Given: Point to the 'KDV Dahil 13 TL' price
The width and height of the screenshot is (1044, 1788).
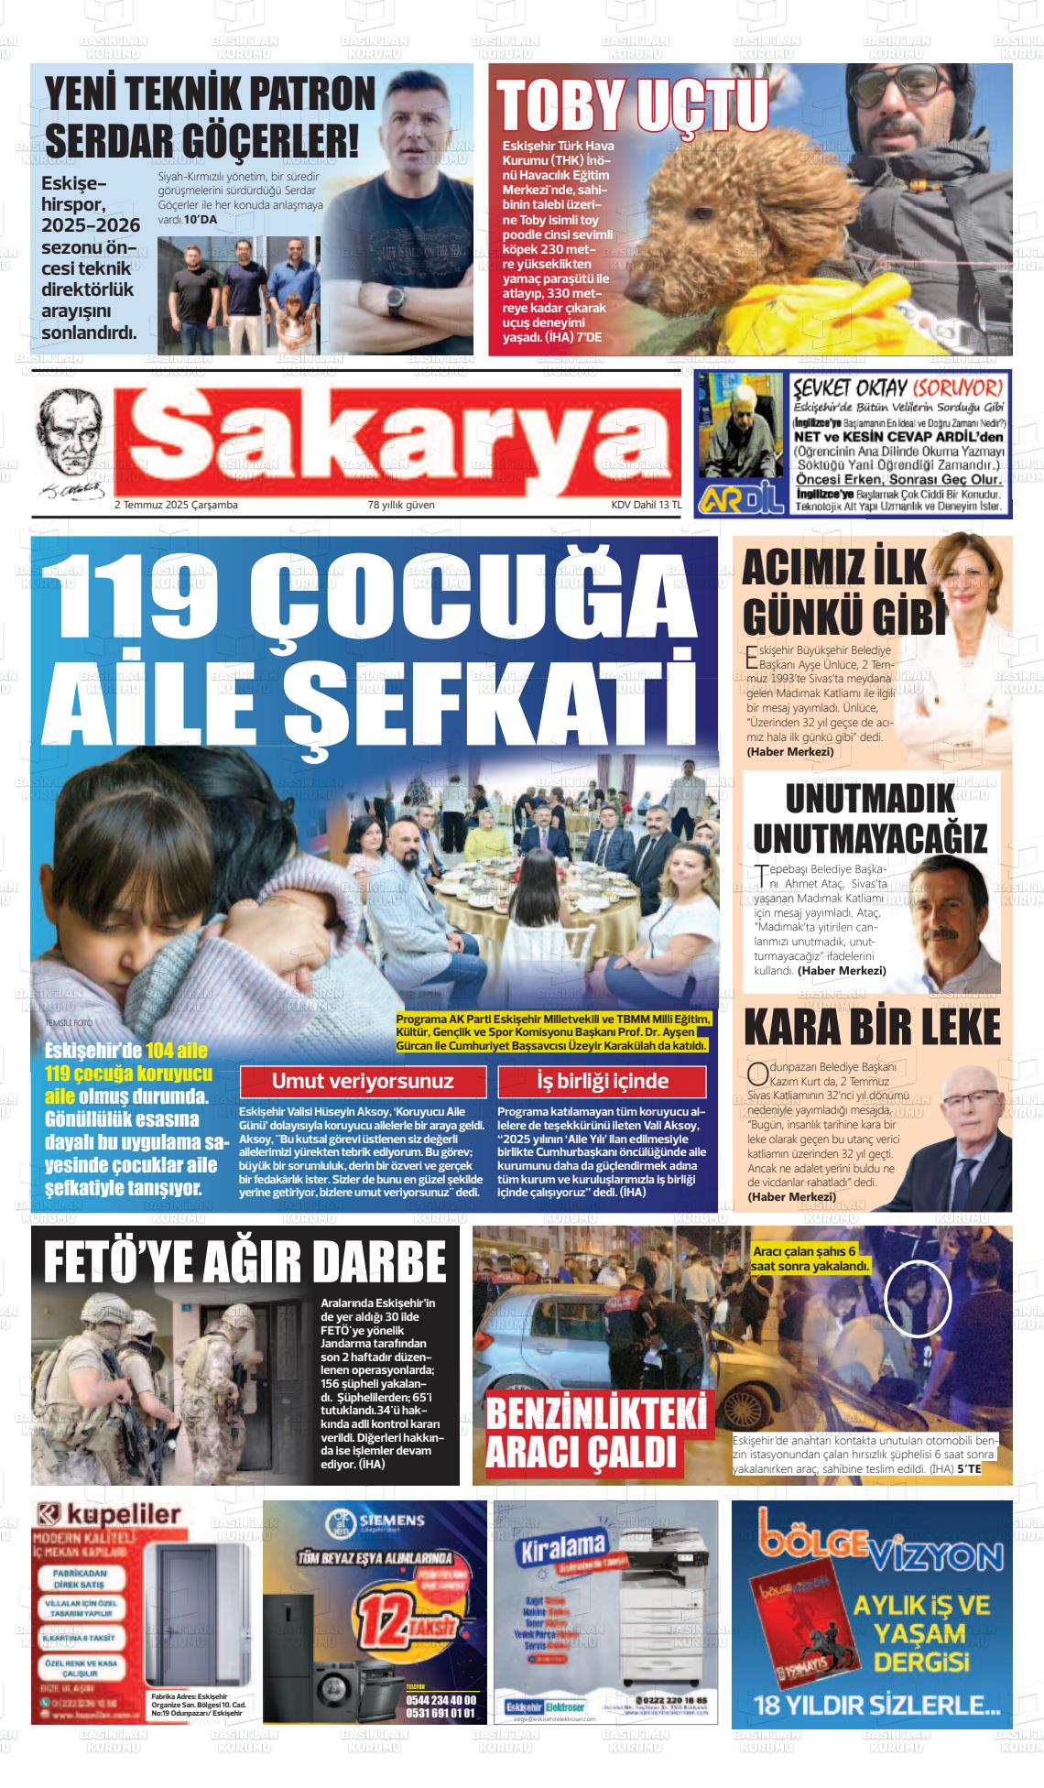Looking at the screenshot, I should coord(647,505).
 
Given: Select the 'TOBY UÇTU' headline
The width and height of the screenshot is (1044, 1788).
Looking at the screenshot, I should coord(633,104).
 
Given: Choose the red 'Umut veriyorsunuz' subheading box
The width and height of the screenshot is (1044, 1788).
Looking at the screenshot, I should coord(363,1081).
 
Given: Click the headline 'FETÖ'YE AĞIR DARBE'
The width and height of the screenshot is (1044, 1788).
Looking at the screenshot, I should coord(245,1261).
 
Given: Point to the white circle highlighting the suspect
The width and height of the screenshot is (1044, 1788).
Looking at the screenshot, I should coord(919,1299).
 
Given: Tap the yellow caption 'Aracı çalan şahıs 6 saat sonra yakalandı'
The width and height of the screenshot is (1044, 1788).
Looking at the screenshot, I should coord(810,1259).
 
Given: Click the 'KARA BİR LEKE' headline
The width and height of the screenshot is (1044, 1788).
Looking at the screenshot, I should coord(871,1028).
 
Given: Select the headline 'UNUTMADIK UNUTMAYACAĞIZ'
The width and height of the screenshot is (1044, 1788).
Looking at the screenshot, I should coord(871,818).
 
